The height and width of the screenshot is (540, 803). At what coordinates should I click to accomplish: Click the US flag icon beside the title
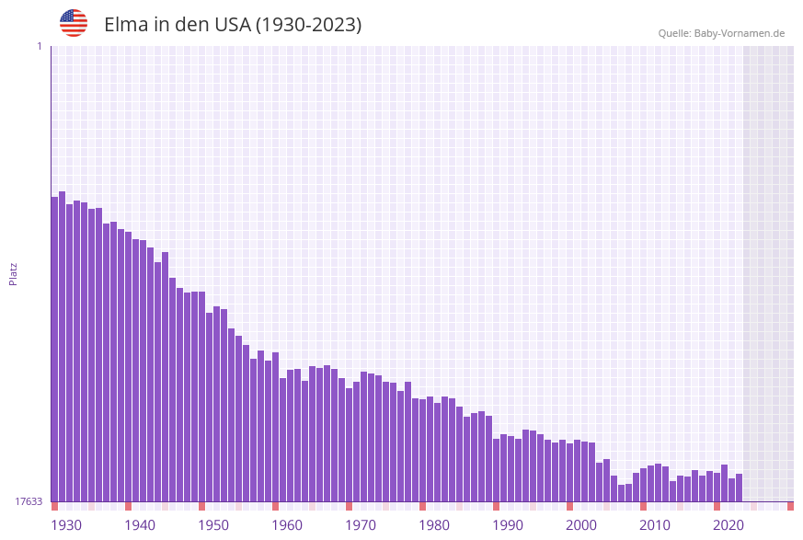[x=74, y=23]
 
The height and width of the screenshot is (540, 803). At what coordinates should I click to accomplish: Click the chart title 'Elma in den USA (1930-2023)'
[x=233, y=25]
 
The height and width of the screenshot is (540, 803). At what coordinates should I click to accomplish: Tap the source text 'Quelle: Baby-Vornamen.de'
[x=721, y=33]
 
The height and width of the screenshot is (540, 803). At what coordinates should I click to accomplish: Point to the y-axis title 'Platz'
[x=14, y=273]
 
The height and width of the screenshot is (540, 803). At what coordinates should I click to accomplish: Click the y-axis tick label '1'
[x=39, y=46]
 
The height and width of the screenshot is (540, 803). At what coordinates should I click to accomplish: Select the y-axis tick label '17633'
[x=29, y=501]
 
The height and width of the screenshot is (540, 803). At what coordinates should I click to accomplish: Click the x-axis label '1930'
[x=66, y=525]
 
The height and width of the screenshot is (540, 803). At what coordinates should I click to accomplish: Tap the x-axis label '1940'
[x=140, y=525]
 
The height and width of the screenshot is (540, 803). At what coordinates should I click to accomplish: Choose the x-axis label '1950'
[x=213, y=525]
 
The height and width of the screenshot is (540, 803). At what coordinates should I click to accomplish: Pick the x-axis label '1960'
[x=287, y=525]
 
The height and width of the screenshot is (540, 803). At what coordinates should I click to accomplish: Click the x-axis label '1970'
[x=361, y=525]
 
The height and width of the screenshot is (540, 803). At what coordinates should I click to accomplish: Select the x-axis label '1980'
[x=434, y=525]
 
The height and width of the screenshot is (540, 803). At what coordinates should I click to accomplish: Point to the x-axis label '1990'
[x=508, y=525]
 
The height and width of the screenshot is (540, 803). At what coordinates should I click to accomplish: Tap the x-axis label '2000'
[x=581, y=525]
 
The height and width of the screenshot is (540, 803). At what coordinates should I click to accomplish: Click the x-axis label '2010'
[x=655, y=525]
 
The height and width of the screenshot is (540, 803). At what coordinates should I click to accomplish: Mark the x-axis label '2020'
[x=728, y=525]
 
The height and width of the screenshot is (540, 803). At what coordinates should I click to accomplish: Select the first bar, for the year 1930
[x=54, y=350]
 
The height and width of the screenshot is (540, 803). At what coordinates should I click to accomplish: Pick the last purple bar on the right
[x=739, y=488]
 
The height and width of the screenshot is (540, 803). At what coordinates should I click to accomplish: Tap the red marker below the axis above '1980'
[x=422, y=506]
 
